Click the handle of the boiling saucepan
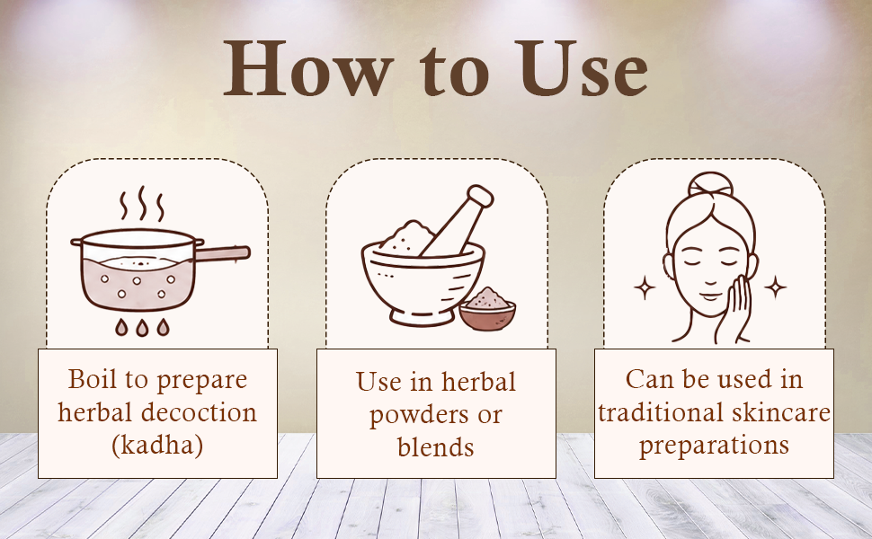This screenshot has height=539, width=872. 222,253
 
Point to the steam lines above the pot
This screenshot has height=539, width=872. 142,204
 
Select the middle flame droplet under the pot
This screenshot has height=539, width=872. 142,327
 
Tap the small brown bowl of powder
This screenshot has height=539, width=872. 488,309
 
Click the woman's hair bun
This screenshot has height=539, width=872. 710,186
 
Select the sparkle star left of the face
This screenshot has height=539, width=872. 645,287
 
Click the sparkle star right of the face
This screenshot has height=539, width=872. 775,287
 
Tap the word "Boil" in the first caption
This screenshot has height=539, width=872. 93,379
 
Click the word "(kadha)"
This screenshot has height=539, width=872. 157,446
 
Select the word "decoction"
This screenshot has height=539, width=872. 199,412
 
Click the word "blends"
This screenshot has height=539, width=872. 435,446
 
